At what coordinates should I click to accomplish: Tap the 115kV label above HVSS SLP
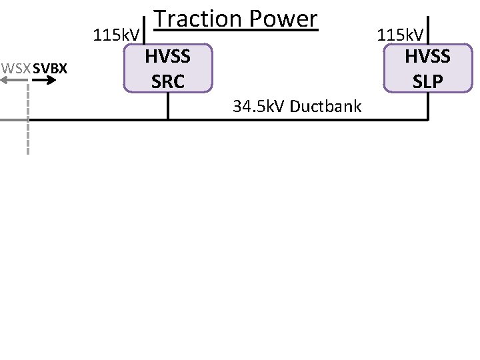402,35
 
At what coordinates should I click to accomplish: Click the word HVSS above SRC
169,57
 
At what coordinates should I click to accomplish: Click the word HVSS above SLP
428,57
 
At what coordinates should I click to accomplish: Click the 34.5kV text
257,105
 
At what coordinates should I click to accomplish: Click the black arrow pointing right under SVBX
43,80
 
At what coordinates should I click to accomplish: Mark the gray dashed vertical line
28,133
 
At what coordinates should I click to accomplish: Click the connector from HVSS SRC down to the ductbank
168,105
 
